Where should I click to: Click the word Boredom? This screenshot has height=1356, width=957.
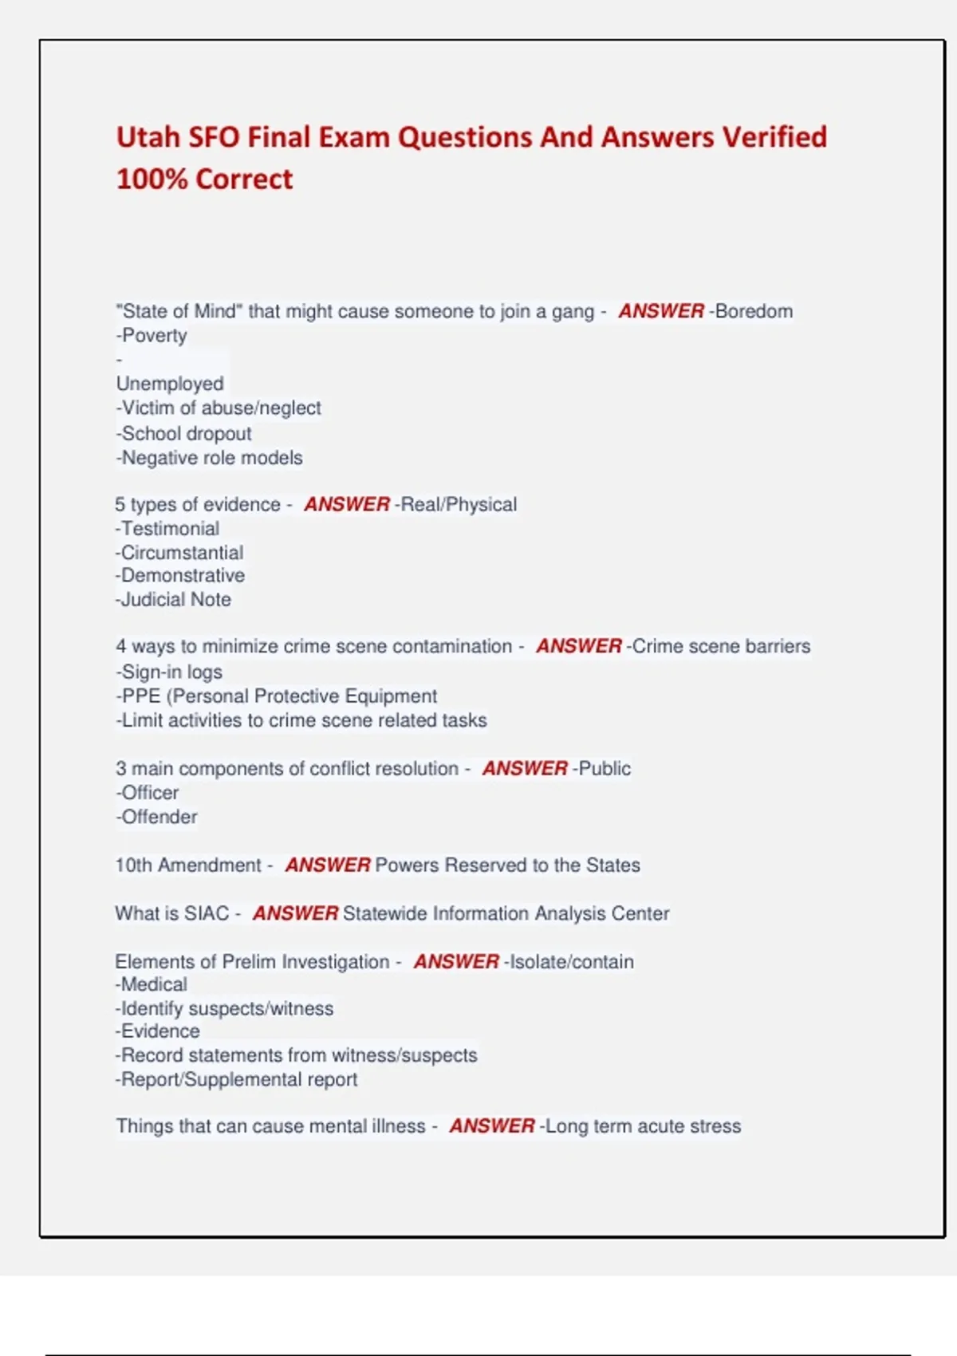pos(754,311)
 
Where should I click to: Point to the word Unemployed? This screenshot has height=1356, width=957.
pos(170,384)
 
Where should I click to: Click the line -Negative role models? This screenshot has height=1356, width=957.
pos(209,458)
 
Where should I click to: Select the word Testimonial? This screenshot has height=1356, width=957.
pos(170,529)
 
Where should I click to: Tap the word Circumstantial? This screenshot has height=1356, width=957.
pos(182,553)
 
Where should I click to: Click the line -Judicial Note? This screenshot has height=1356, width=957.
pos(173,600)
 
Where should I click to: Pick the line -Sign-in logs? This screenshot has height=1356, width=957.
pos(169,672)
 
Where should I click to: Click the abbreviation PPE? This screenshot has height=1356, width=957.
pos(141,696)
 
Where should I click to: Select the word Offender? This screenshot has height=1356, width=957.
pos(159,817)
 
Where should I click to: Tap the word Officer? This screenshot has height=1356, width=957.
pos(150,793)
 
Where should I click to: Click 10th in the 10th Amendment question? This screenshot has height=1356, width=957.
pos(133,865)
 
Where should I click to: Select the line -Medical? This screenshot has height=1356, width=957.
pos(152,984)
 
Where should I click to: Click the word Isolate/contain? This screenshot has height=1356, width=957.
pos(571,962)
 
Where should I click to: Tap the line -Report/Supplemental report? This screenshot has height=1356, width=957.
pos(237,1079)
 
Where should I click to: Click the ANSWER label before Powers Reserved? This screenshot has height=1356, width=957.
pos(328,865)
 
